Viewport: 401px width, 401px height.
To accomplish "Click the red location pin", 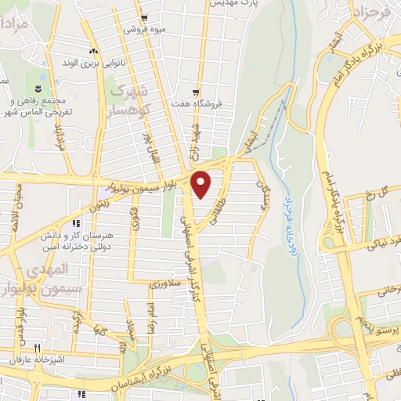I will [x=202, y=183].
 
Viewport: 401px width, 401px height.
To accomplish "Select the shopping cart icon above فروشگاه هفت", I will [x=196, y=92].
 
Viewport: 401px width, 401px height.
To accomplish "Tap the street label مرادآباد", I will [x=58, y=139].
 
